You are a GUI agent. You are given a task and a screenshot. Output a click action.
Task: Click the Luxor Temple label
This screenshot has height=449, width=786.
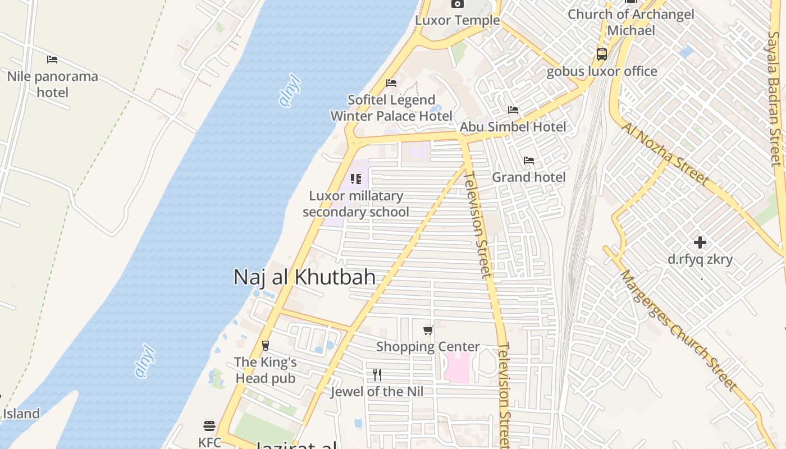pyautogui.click(x=457, y=21)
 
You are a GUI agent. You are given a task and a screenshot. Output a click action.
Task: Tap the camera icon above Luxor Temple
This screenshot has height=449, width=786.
pyautogui.click(x=457, y=4)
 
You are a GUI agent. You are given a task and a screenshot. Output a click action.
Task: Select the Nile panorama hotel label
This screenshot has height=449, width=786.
pyautogui.click(x=52, y=84)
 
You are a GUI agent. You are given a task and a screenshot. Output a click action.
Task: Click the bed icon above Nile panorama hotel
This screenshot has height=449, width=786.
pyautogui.click(x=52, y=59)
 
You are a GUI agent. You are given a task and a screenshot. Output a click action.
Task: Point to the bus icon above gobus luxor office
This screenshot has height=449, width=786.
pyautogui.click(x=602, y=54)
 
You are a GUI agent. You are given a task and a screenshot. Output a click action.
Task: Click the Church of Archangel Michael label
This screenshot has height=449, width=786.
pyautogui.click(x=631, y=22)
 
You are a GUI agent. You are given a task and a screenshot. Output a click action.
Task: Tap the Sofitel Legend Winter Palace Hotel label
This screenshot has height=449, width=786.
pyautogui.click(x=391, y=108)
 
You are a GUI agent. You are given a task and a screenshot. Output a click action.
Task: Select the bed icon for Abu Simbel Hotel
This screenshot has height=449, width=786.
pyautogui.click(x=513, y=110)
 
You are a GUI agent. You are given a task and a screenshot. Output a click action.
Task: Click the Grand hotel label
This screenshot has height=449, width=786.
pyautogui.click(x=529, y=177)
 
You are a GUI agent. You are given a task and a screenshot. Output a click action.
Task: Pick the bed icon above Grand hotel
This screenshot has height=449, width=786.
pyautogui.click(x=529, y=161)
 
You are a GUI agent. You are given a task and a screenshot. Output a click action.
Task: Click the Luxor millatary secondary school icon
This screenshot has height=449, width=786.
pyautogui.click(x=356, y=179)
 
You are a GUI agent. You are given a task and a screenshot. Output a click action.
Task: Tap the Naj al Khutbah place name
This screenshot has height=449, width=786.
pyautogui.click(x=304, y=277)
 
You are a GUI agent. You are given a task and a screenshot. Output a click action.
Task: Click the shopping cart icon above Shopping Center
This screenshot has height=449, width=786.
pyautogui.click(x=428, y=330)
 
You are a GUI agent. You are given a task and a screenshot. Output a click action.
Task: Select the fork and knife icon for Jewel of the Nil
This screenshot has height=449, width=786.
pyautogui.click(x=377, y=375)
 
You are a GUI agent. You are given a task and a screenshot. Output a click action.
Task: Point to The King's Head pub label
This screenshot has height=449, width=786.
pyautogui.click(x=266, y=370)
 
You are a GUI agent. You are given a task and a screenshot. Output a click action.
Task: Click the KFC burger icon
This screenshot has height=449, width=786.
pyautogui.click(x=209, y=426)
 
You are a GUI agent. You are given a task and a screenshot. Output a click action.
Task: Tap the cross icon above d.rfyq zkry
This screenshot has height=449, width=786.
pyautogui.click(x=700, y=242)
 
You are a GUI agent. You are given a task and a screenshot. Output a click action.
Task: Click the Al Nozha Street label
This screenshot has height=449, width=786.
pyautogui.click(x=665, y=154)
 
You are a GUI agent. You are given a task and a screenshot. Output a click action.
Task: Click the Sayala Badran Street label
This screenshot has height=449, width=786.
pyautogui.click(x=775, y=99)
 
